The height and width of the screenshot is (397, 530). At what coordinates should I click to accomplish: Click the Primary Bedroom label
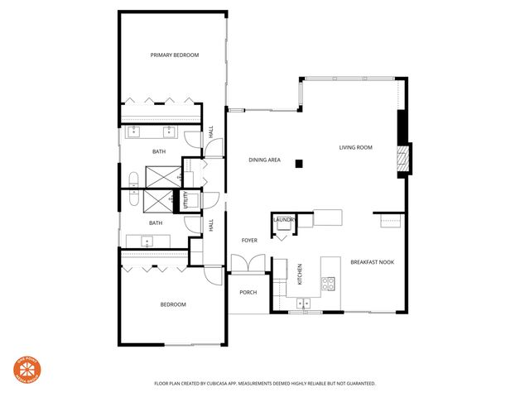(x=175, y=55)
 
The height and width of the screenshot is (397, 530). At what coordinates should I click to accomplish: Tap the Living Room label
(x=355, y=148)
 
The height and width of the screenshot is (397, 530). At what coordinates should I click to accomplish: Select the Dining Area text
(x=264, y=160)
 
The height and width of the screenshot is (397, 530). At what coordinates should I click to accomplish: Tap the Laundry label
(x=283, y=220)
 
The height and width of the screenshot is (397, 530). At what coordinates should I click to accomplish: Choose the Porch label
(x=248, y=293)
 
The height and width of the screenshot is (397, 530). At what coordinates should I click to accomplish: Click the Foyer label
(x=249, y=241)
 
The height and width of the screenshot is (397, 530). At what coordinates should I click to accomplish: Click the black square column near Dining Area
(x=301, y=163)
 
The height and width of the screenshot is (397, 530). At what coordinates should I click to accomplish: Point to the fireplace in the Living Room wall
(x=403, y=159)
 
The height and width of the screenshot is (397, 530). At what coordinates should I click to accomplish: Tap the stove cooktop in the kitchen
(x=330, y=281)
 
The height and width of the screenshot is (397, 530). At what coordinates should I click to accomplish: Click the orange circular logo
(x=28, y=371)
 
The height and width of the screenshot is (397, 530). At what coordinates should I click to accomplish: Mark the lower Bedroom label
(x=173, y=304)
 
